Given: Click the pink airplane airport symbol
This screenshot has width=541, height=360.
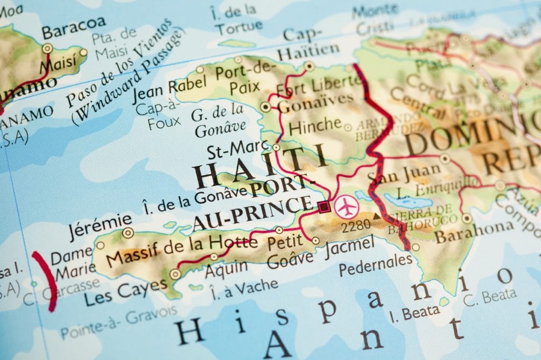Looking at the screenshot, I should pos(347,206).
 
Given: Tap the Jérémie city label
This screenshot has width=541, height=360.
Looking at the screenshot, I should pos(100,219).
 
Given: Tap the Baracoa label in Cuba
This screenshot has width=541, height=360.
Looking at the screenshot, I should pos(73,30).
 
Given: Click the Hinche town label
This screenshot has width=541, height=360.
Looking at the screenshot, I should pos(315,126).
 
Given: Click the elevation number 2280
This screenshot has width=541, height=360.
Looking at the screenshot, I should pos(356,228).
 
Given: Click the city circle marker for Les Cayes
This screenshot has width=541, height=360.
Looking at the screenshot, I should pos(175,273).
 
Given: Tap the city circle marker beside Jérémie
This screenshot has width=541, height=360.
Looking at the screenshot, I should pos(128,233).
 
